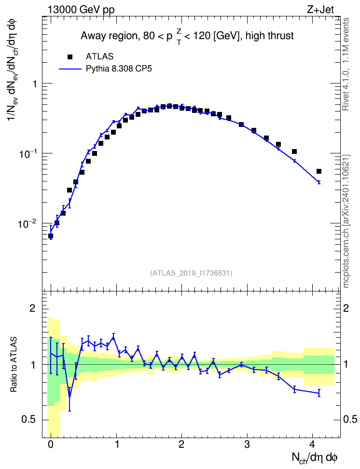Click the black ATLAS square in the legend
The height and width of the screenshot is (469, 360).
(70, 56)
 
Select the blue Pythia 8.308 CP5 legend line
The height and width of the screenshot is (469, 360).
(70, 69)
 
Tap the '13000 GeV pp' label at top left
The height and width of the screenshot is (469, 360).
(81, 10)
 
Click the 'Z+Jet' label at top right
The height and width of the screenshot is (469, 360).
(320, 10)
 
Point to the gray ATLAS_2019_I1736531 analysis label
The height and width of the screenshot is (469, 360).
(191, 273)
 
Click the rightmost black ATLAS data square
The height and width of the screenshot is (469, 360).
(319, 171)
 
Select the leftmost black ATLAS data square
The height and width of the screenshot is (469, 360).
(51, 236)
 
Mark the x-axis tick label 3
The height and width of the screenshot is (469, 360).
(247, 444)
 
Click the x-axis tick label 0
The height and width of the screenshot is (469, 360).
(51, 444)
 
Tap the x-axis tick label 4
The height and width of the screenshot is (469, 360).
(312, 444)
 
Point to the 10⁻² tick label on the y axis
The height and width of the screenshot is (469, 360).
(27, 223)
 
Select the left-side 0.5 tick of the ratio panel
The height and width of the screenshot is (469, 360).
(29, 419)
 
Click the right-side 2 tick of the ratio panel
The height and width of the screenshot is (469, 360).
(346, 308)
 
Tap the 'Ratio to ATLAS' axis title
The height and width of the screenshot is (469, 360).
(14, 365)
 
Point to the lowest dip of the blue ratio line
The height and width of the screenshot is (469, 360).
(69, 396)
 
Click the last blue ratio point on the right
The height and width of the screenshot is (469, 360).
(319, 393)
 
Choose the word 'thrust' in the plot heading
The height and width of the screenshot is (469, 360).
(281, 36)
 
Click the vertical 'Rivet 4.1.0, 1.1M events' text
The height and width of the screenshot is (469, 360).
(346, 64)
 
